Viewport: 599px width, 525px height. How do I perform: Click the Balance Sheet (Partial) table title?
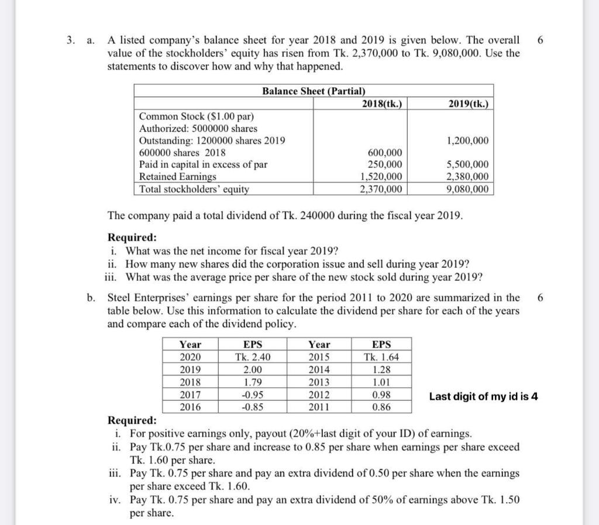(314, 91)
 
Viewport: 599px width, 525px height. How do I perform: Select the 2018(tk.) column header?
(382, 104)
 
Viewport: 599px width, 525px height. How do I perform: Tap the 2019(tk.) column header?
(469, 104)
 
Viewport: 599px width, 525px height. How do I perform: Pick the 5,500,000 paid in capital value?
(467, 165)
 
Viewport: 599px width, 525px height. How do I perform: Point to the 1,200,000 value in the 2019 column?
(467, 140)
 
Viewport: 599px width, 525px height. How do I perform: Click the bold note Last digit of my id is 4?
(483, 397)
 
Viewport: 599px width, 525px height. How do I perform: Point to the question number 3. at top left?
(71, 40)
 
